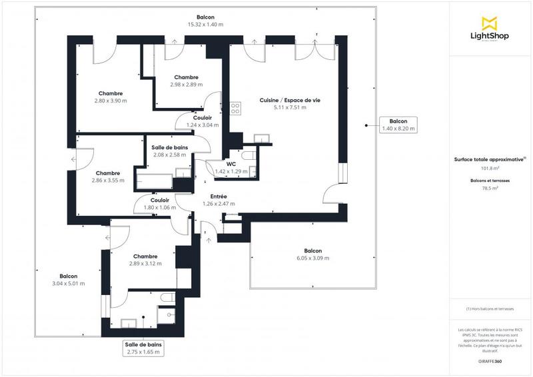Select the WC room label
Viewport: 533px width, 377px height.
point(230,163)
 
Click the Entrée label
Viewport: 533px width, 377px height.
point(219,196)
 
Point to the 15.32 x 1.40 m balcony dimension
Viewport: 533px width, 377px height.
point(205,25)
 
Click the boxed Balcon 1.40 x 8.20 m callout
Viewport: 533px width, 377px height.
point(398,125)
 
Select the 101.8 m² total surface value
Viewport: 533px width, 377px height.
point(490,169)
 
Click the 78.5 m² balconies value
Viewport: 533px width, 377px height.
point(490,188)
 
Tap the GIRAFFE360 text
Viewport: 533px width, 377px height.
point(490,360)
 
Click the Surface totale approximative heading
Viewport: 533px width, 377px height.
point(490,159)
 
